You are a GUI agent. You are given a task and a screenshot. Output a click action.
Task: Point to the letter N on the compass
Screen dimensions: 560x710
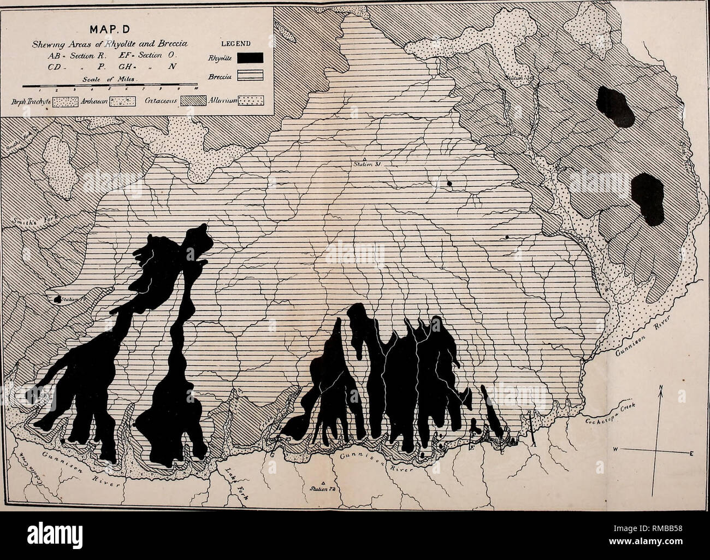660,389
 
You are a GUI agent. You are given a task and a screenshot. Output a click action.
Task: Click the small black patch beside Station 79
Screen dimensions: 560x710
56,299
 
